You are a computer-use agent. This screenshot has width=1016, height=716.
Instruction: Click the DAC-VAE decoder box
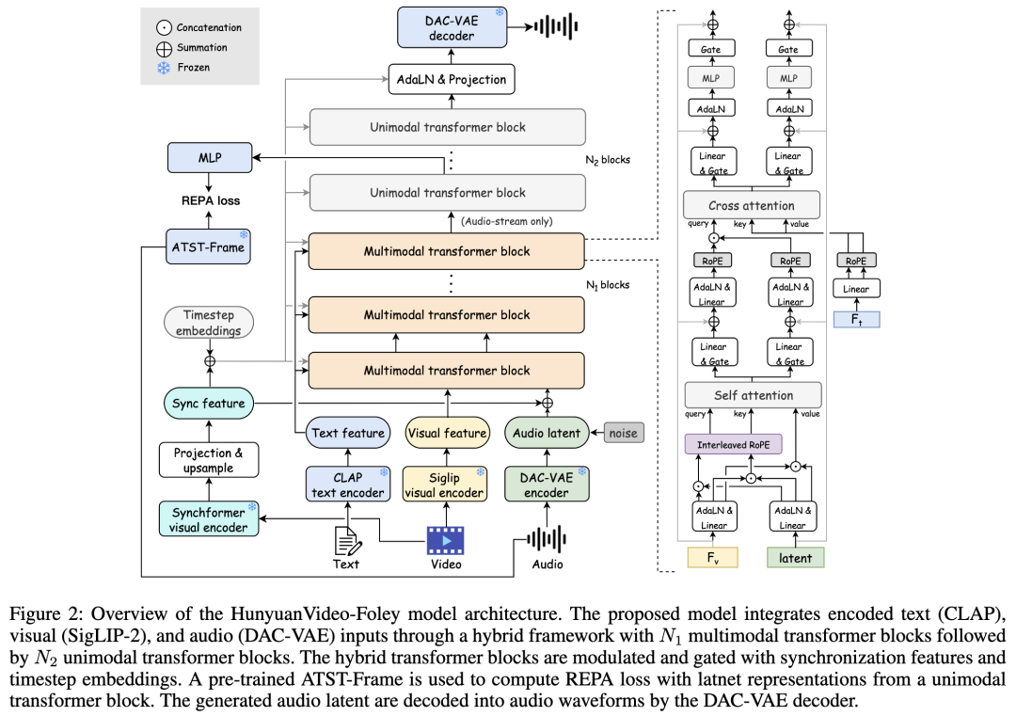(x=452, y=27)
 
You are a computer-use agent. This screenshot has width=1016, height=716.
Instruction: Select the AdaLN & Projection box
(x=451, y=79)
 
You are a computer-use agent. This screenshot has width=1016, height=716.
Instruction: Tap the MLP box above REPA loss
(x=210, y=157)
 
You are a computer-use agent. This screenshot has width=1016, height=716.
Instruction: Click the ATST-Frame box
(x=210, y=247)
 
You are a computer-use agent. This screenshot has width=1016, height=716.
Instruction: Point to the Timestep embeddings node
(x=209, y=324)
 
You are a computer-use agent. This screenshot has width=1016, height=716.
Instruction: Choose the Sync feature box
(x=209, y=404)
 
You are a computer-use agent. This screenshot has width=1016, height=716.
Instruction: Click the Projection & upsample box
(x=209, y=461)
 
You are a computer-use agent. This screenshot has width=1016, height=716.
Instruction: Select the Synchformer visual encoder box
(x=209, y=519)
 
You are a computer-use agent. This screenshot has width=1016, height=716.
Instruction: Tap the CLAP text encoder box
(x=348, y=485)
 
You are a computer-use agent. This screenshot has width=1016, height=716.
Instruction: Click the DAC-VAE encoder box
(x=547, y=485)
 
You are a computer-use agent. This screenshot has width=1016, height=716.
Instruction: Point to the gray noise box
(x=623, y=433)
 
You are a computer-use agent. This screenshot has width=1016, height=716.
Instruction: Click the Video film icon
(x=446, y=540)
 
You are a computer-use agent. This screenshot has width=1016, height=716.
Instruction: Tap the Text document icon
(x=348, y=540)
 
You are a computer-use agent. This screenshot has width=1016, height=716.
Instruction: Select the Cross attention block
(x=751, y=205)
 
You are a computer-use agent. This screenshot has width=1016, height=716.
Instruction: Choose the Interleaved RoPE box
(x=732, y=444)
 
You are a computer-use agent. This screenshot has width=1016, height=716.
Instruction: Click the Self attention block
(x=753, y=395)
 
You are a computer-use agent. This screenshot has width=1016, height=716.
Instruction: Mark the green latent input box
(x=795, y=557)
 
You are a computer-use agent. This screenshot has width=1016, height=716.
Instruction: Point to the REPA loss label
(x=210, y=200)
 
